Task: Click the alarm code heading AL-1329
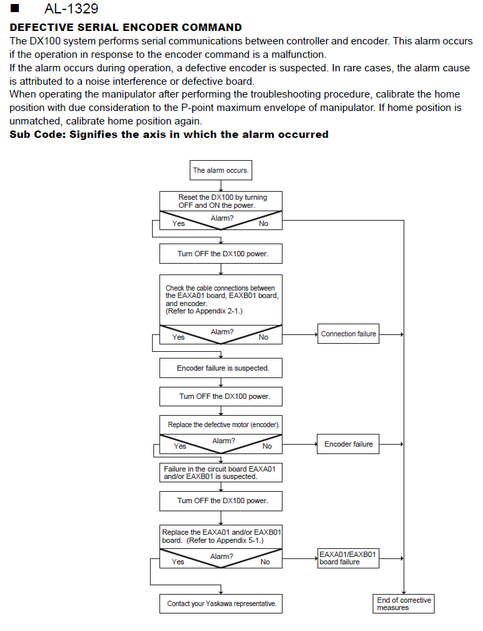[71, 9]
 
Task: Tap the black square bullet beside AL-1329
[15, 9]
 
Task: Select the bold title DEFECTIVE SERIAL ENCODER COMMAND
[126, 28]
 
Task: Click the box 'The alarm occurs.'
[221, 170]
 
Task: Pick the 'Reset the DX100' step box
[221, 201]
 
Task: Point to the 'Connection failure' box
[348, 334]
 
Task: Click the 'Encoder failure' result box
[348, 444]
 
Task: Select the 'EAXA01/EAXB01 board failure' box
[348, 558]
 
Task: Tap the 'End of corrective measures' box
[404, 603]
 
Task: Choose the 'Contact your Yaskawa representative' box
[221, 603]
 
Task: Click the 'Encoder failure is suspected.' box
[221, 368]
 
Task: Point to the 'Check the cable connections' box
[221, 300]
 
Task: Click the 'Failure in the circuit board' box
[221, 472]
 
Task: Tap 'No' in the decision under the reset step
[264, 223]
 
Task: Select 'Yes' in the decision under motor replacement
[180, 446]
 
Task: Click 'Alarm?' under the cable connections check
[222, 332]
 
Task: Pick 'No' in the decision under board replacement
[265, 562]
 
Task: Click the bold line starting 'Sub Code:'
[169, 135]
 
